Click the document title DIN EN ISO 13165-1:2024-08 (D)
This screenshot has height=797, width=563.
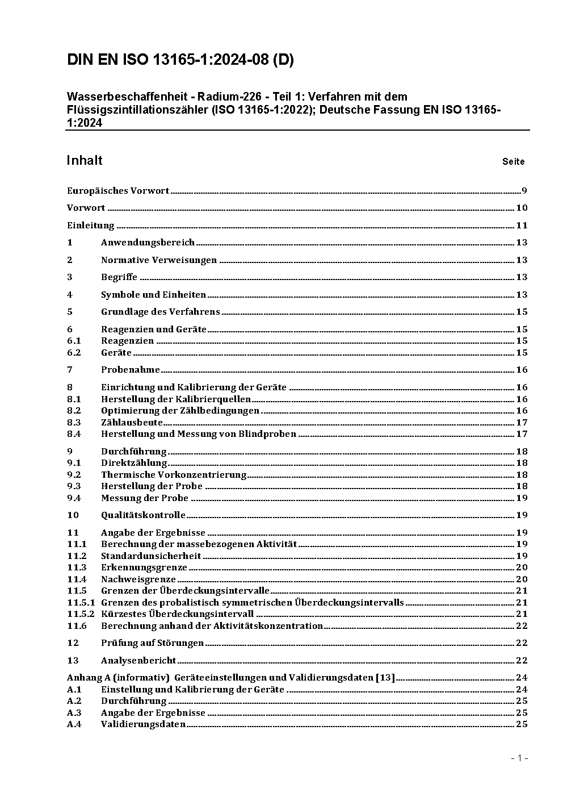(180, 60)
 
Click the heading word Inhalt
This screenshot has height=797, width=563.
(85, 160)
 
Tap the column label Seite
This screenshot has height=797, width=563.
(513, 162)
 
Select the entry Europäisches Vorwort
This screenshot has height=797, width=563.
(118, 191)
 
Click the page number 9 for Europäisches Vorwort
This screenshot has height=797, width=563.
(524, 191)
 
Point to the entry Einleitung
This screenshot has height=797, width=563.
(91, 226)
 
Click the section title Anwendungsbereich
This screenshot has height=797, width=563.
(148, 243)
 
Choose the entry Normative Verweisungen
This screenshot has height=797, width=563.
(159, 260)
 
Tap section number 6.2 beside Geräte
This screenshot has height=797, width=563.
(74, 353)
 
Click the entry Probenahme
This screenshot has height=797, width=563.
(131, 370)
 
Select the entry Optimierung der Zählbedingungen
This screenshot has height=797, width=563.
(180, 411)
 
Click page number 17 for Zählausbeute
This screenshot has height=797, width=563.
(522, 423)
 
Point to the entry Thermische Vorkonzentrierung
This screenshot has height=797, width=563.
(174, 475)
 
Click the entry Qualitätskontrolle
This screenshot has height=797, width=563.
(143, 515)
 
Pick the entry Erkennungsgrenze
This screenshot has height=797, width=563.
(144, 568)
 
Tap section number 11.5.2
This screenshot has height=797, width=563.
(81, 614)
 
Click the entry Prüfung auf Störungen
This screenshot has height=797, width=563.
(152, 643)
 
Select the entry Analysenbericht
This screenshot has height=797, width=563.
(138, 661)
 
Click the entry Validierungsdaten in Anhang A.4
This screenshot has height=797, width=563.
(143, 724)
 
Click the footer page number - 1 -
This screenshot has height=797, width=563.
(519, 758)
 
